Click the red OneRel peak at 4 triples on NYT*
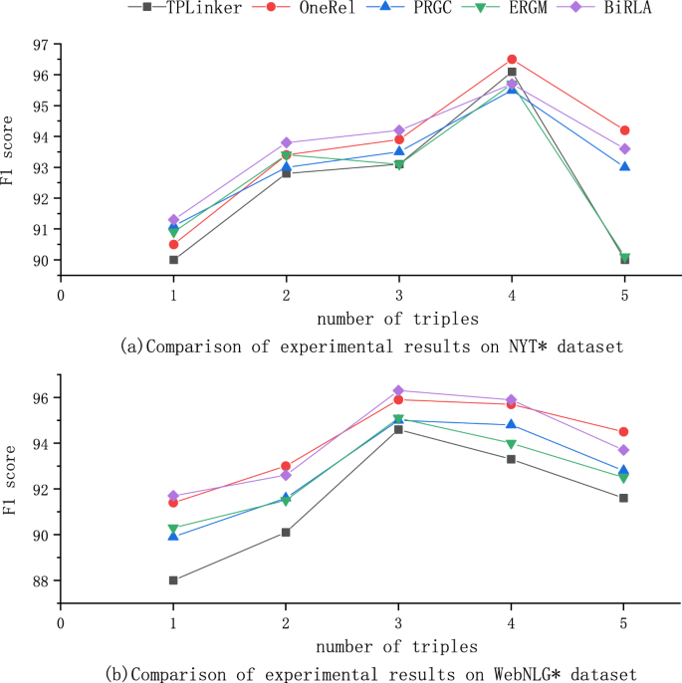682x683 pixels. tap(512, 60)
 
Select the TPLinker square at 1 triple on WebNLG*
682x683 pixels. tap(173, 580)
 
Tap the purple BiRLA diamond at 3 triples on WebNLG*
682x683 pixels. tap(399, 390)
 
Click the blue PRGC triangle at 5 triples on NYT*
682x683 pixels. tap(624, 166)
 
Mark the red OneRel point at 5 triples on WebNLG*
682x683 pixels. tap(624, 432)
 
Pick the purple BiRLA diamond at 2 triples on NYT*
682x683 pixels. tap(287, 142)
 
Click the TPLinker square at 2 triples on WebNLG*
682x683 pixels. tap(287, 533)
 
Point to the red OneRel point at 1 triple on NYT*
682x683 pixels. tap(173, 244)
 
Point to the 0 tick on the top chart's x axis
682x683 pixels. tap(61, 295)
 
